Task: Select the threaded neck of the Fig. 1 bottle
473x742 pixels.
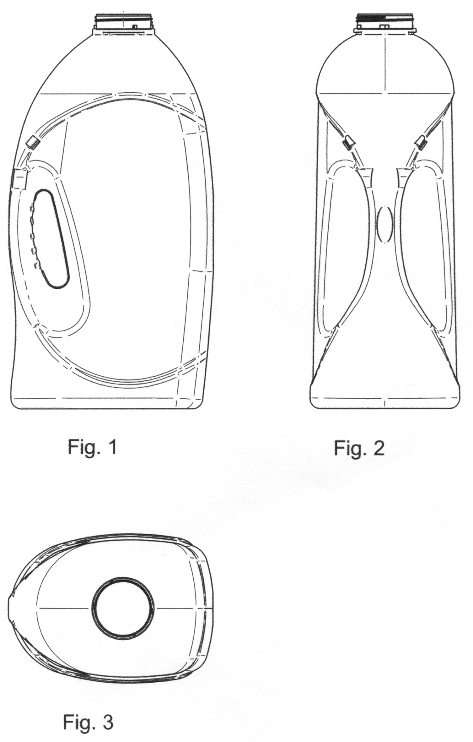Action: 124,22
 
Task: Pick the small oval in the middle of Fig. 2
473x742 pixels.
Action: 384,224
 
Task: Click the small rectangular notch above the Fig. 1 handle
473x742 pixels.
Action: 33,143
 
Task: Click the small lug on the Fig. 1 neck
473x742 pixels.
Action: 135,27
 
